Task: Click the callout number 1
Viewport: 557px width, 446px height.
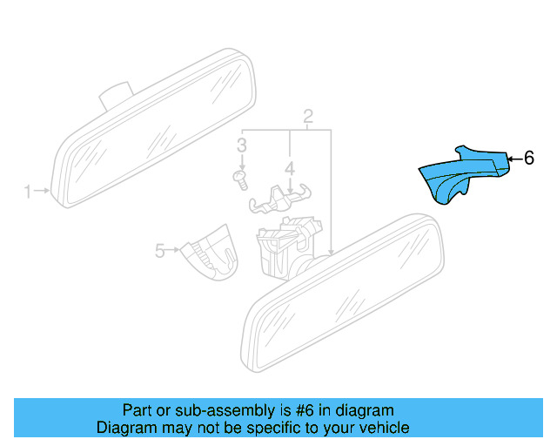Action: tap(28, 190)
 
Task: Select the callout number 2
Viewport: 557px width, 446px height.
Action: tap(308, 117)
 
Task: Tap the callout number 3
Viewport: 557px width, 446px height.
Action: tap(243, 145)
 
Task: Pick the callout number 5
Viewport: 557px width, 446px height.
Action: tap(160, 251)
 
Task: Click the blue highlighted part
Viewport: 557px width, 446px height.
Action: tap(461, 172)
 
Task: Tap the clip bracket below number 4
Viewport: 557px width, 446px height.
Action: tap(280, 199)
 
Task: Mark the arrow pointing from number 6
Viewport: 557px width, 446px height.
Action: tap(513, 159)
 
